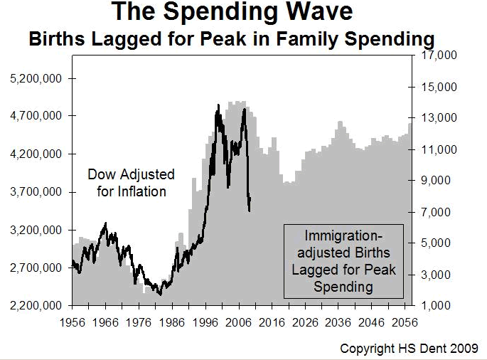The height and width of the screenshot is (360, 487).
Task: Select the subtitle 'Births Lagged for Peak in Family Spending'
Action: pos(232,39)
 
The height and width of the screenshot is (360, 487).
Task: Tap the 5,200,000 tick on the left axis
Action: pos(37,77)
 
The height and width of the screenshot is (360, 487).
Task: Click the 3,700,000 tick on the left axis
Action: pos(37,192)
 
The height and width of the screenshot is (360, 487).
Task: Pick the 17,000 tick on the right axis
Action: pos(439,55)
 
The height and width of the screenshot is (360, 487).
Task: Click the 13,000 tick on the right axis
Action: pos(439,118)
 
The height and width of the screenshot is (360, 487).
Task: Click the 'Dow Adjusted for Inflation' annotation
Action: pos(131,183)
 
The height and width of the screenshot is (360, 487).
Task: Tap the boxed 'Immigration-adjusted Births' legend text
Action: pos(343,260)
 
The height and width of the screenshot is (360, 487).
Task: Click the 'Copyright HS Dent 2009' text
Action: pos(410,349)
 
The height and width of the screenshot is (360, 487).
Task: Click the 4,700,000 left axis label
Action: pos(37,115)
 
